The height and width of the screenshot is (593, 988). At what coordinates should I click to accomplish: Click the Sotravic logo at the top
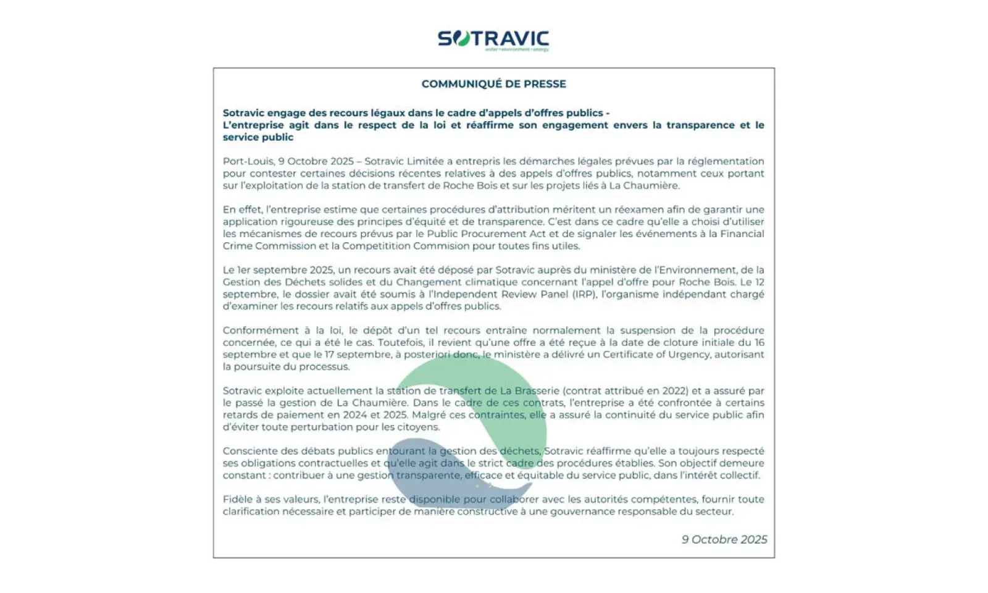point(493,40)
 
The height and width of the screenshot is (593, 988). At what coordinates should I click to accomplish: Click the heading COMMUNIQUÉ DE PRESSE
point(493,84)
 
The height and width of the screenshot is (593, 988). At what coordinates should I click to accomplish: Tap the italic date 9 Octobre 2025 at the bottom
point(724,539)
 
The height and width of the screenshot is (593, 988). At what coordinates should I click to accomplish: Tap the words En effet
point(242,209)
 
